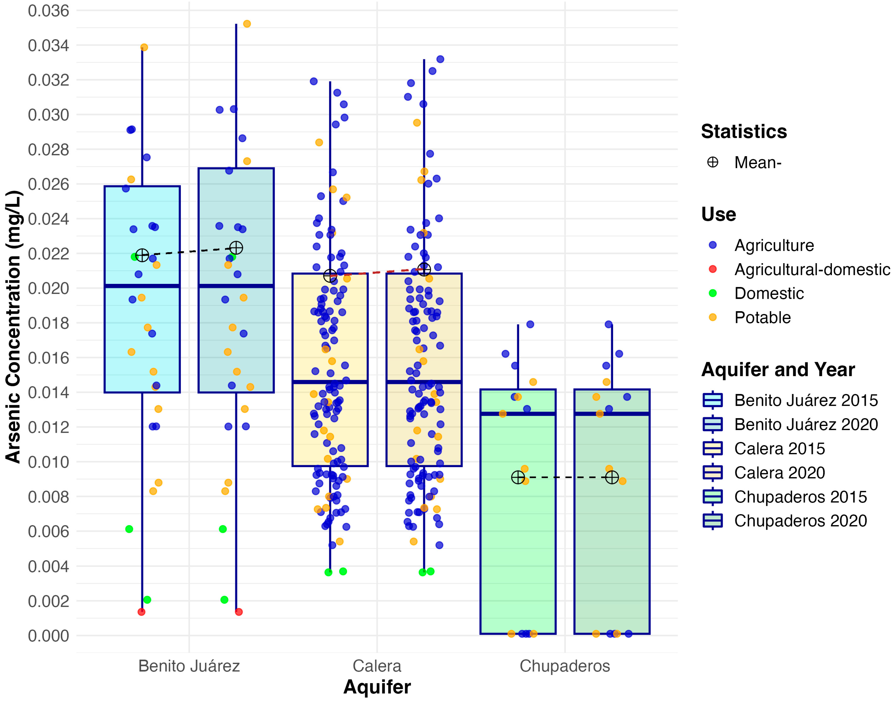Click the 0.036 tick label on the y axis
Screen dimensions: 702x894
48,11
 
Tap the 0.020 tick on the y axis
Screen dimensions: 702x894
48,288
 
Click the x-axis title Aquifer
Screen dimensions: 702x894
377,687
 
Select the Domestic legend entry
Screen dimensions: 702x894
769,293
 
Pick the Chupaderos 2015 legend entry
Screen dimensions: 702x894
800,497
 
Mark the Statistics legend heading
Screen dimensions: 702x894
744,132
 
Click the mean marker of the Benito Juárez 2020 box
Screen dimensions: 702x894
236,248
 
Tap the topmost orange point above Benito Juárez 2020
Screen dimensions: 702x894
247,24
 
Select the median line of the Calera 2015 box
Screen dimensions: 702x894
330,382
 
